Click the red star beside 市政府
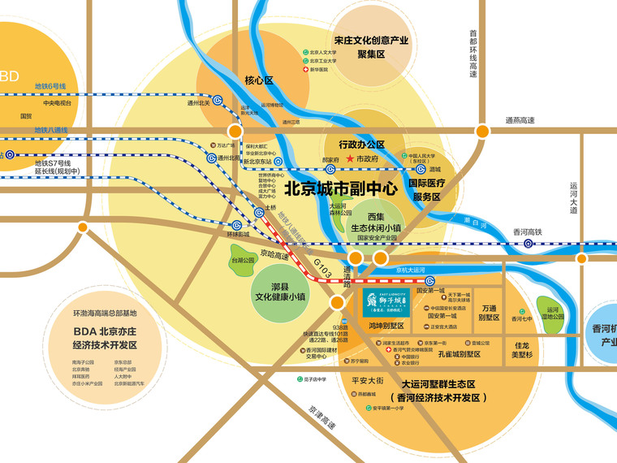point(350,158)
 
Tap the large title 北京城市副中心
point(340,188)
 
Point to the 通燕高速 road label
point(520,121)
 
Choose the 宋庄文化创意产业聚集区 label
point(371,46)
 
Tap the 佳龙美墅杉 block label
point(522,349)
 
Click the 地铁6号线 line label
point(50,85)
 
